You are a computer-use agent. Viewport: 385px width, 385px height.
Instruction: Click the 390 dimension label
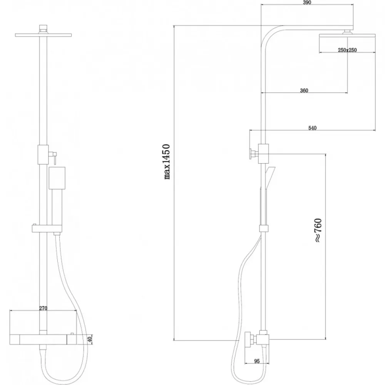pos(307,3)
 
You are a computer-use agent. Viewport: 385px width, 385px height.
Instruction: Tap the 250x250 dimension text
pos(347,50)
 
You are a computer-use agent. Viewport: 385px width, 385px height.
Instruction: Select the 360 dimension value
pos(304,90)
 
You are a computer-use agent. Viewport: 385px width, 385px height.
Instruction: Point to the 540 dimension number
pos(312,128)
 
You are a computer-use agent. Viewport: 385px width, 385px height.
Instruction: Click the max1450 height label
pos(167,162)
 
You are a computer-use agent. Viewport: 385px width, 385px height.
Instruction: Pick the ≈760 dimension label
pos(318,230)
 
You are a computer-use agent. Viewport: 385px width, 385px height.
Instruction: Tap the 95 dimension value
pos(257,361)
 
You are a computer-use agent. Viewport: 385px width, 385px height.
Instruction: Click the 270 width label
pos(43,308)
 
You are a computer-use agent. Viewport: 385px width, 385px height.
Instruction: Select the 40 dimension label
pos(90,340)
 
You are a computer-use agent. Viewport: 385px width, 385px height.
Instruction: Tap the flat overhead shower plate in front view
pos(43,35)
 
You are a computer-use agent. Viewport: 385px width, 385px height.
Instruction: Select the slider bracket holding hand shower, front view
pos(47,229)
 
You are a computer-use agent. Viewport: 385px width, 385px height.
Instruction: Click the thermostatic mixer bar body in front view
pos(43,339)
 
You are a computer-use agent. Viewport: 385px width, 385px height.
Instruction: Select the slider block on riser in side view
pos(264,228)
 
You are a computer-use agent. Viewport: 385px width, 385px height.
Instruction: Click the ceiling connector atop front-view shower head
pos(43,29)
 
